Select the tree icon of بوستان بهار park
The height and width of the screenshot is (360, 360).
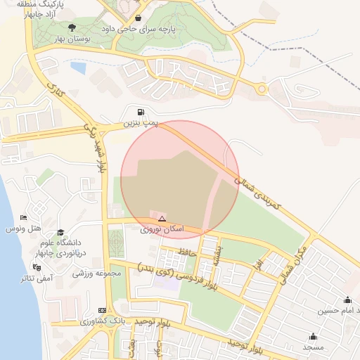point(72,27)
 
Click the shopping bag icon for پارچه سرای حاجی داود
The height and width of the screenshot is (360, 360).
point(139,18)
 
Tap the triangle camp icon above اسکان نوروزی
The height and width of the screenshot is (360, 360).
point(162,219)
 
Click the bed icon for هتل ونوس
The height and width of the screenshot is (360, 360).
point(24,218)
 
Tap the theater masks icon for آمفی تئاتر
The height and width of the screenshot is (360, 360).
point(36,267)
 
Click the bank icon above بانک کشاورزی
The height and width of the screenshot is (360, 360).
point(103,310)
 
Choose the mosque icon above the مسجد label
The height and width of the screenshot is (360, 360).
point(313,336)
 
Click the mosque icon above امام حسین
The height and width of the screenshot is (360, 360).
point(350,299)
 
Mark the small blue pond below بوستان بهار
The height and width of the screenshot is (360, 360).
point(78,68)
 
